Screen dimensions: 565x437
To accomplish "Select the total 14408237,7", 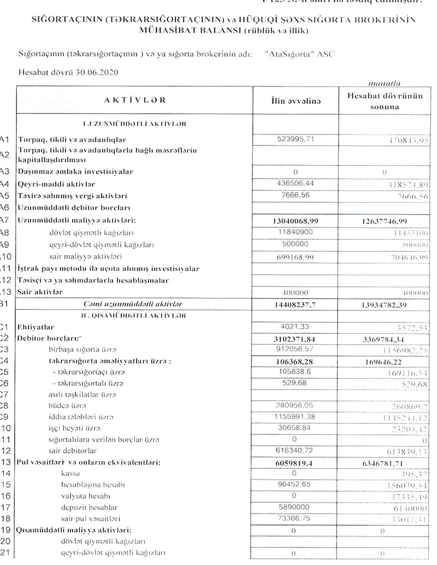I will pyautogui.click(x=298, y=304).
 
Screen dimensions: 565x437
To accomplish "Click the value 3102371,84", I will pyautogui.click(x=298, y=339).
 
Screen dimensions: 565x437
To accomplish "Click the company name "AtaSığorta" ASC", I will pyautogui.click(x=298, y=55).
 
